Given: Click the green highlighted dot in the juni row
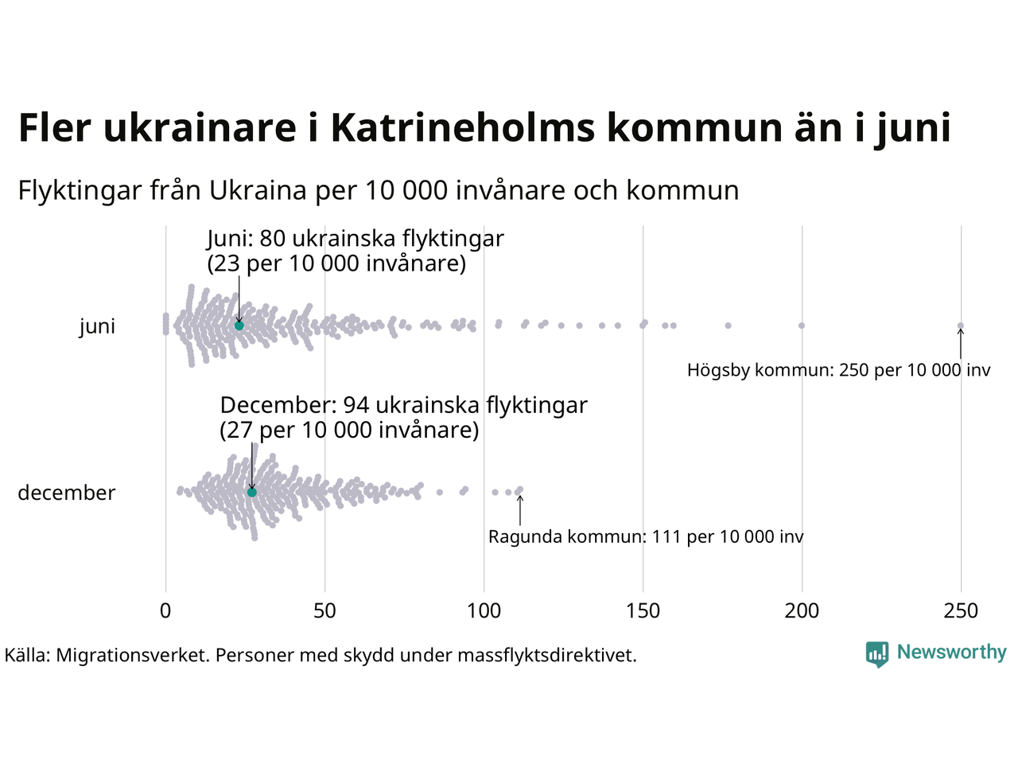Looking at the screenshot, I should point(239,325).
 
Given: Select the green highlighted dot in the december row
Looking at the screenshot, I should point(251,492).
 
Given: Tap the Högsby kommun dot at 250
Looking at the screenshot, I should point(960,325).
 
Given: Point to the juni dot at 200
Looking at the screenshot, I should point(801,325).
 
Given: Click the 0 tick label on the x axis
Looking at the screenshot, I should point(165,611).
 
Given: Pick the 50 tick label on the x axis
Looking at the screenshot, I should point(324,611).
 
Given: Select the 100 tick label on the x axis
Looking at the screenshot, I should point(484,611).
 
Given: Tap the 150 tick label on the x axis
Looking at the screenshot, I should point(643,611).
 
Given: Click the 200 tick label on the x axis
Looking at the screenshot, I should point(802,611).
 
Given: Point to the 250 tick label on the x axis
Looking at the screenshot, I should point(961,611).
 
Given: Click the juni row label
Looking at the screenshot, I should point(97,326).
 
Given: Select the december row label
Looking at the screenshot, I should point(67,493).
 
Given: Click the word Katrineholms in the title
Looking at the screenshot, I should point(462,128).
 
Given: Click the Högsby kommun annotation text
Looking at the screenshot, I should point(838,370).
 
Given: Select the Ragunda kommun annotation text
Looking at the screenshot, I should point(646,537).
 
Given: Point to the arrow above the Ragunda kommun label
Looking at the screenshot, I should point(520,509).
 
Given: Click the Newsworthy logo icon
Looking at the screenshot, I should point(876,653).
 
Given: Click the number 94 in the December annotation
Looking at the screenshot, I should point(356,405).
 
